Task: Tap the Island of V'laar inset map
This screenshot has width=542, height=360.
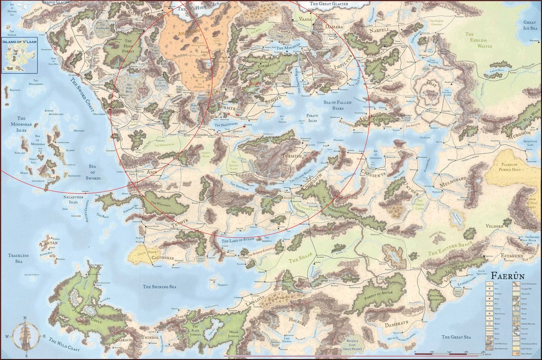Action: (x=19, y=56)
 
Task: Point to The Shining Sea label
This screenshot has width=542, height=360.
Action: (x=159, y=286)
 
